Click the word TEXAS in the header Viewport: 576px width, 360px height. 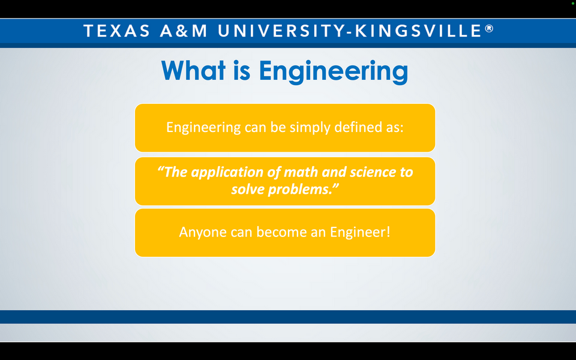pos(116,31)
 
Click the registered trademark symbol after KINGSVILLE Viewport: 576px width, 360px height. pos(490,28)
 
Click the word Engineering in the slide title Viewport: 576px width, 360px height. pos(334,71)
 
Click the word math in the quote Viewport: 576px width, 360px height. pos(301,172)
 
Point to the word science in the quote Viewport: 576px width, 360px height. pos(373,172)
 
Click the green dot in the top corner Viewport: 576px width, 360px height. pos(572,4)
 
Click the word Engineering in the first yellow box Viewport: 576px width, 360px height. pos(203,128)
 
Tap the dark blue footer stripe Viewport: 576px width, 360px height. pos(288,317)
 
